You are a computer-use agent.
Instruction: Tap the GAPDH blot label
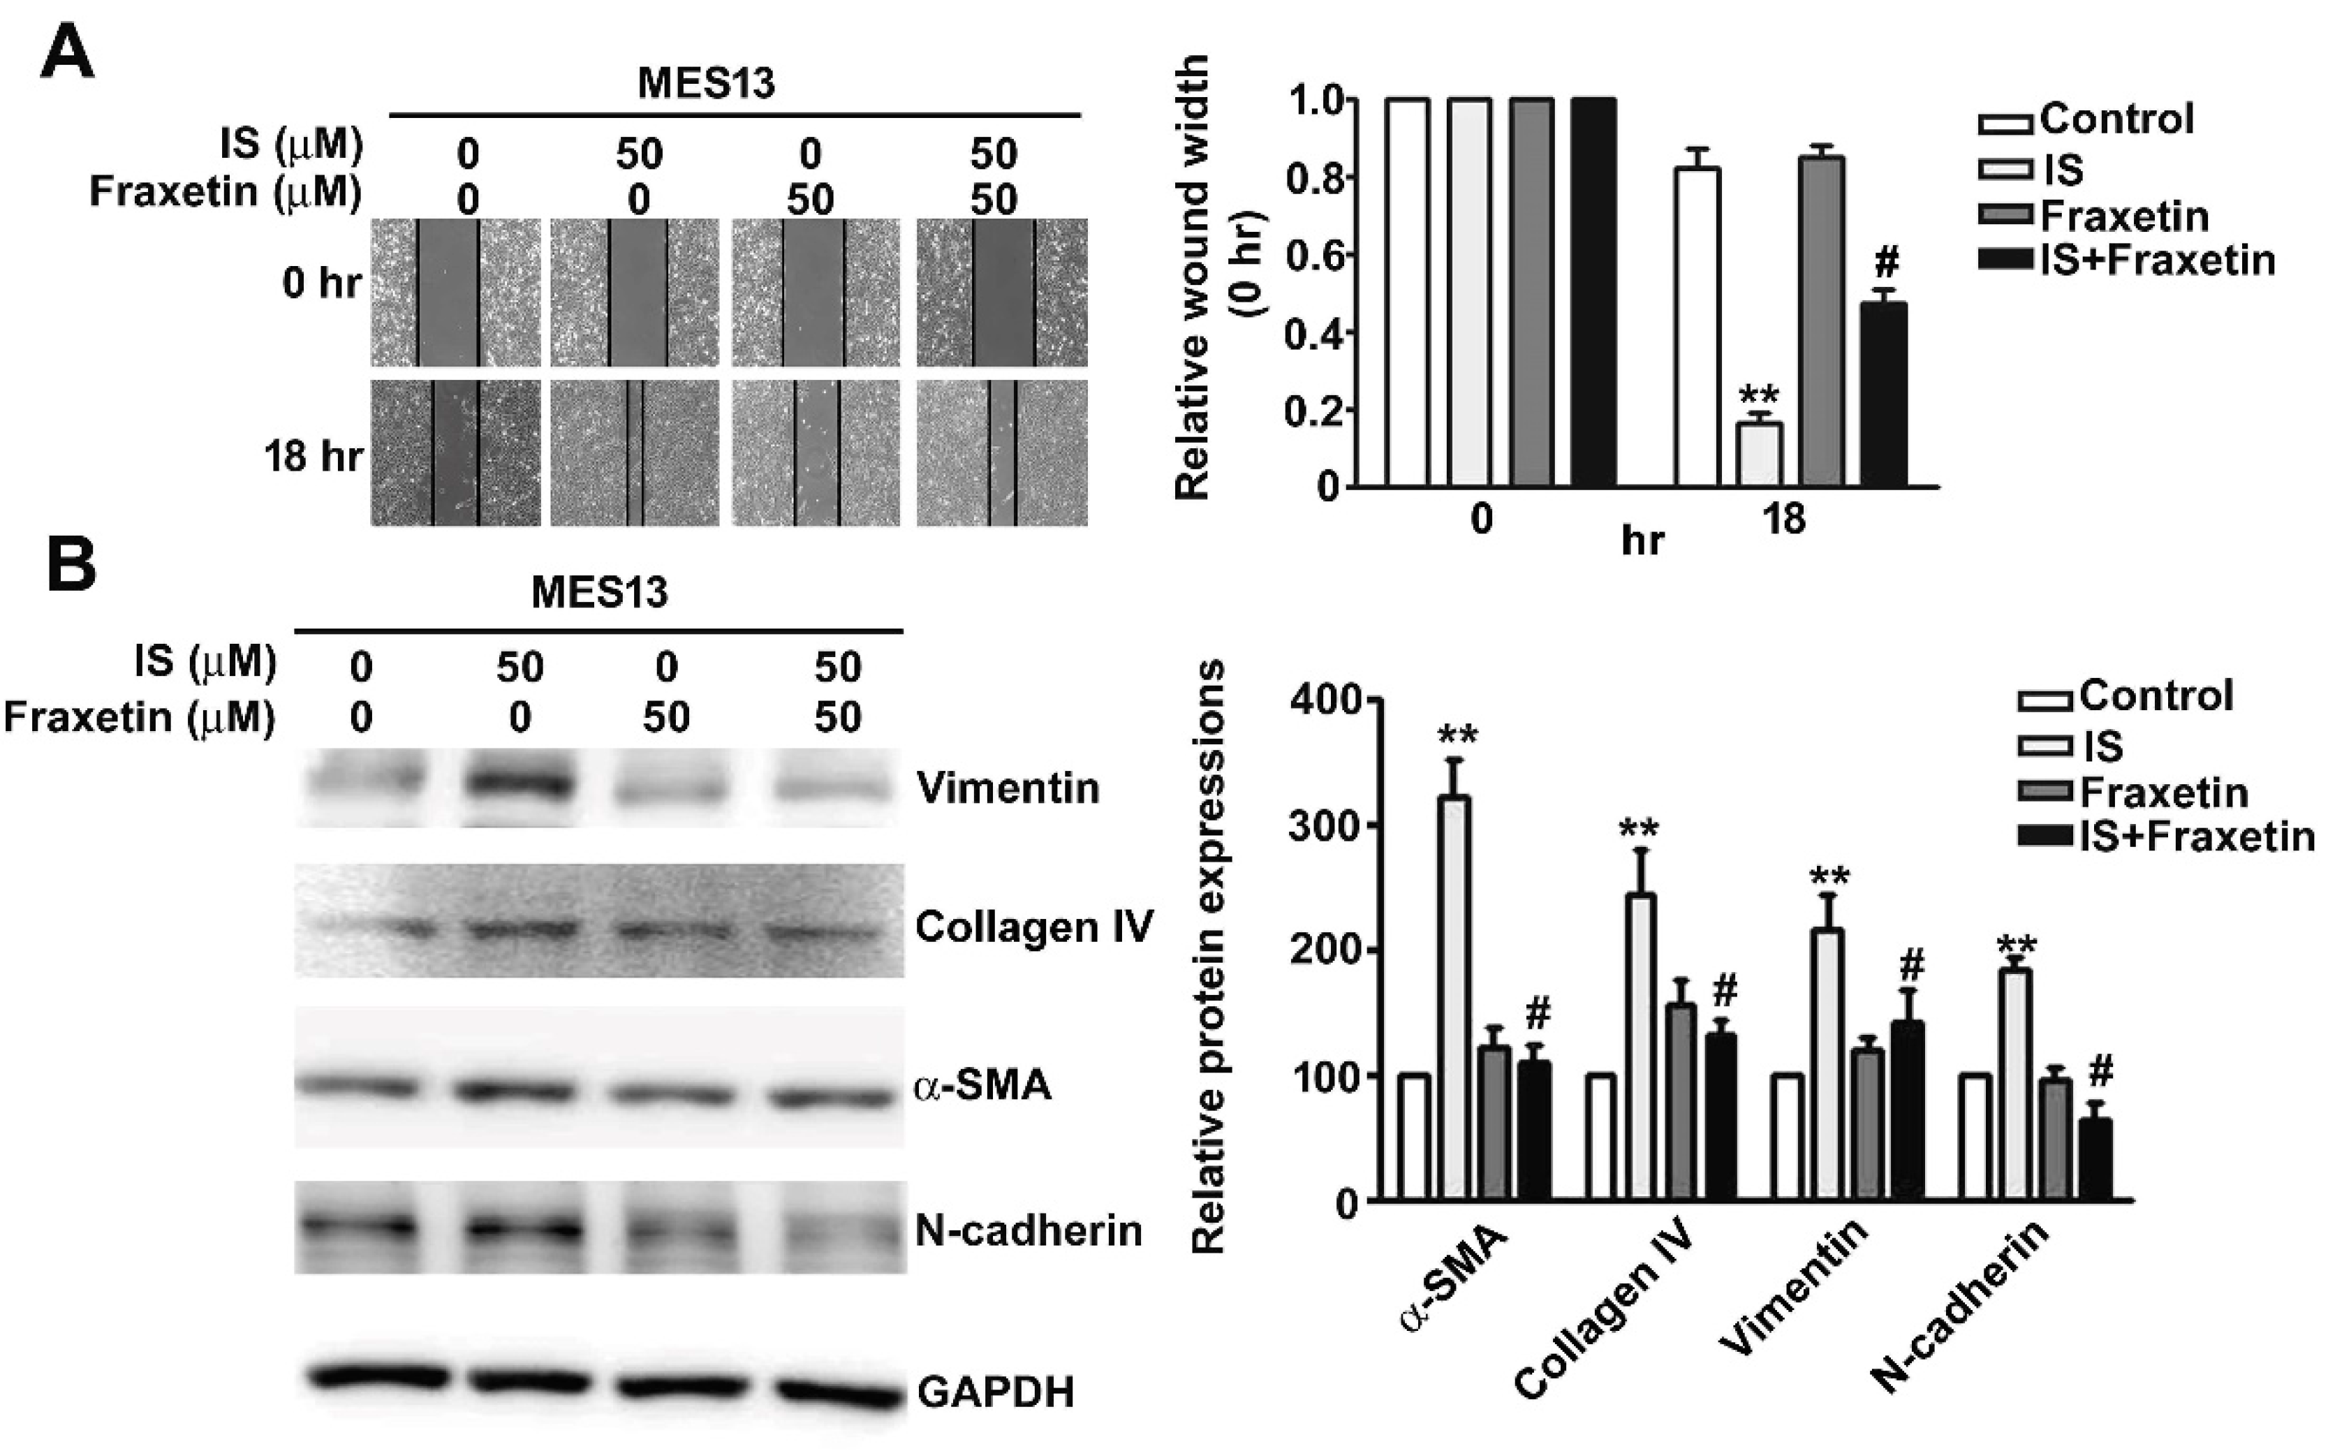tap(995, 1390)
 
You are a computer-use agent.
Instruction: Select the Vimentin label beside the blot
tap(1008, 788)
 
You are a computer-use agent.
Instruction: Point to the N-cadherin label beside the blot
tap(1029, 1230)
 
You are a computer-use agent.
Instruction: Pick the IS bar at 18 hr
tap(1760, 454)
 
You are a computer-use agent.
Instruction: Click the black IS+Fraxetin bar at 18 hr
tap(1883, 393)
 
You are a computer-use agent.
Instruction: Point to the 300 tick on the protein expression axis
tap(1325, 825)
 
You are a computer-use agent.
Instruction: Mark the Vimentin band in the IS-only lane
tap(519, 787)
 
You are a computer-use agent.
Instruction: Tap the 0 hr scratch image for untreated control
tap(456, 292)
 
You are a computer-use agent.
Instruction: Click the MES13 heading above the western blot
tap(599, 592)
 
